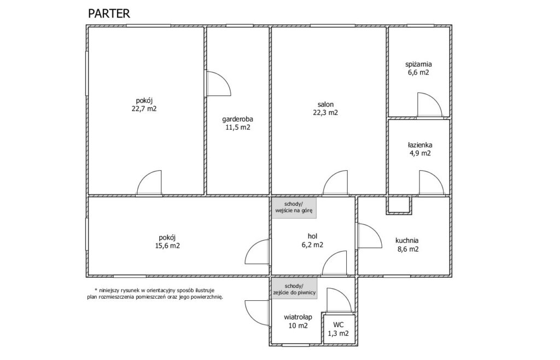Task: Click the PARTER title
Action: pyautogui.click(x=109, y=14)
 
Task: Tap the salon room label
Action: pyautogui.click(x=325, y=104)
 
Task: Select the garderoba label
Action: pyautogui.click(x=237, y=119)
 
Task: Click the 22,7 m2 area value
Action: pyautogui.click(x=144, y=109)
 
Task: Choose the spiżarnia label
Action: pyautogui.click(x=418, y=65)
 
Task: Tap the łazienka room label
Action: pyautogui.click(x=420, y=145)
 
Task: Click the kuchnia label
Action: pyautogui.click(x=407, y=240)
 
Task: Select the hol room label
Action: pyautogui.click(x=312, y=236)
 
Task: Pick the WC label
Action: pyautogui.click(x=338, y=324)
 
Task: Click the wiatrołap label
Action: pyautogui.click(x=298, y=317)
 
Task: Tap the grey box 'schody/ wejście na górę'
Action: pyautogui.click(x=294, y=207)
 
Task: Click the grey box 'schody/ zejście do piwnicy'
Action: pyautogui.click(x=294, y=289)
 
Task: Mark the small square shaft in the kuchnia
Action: pyautogui.click(x=399, y=205)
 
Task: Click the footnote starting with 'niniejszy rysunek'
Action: pyautogui.click(x=155, y=293)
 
